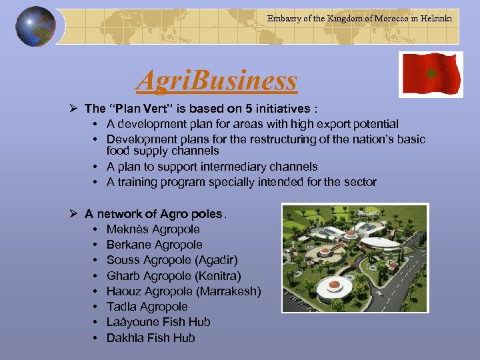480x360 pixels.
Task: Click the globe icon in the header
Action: [x=35, y=27]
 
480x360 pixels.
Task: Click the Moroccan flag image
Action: [x=431, y=75]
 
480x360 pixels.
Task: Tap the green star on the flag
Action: [x=431, y=73]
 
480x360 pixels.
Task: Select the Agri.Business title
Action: [x=217, y=81]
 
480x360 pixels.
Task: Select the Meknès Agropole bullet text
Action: [x=153, y=229]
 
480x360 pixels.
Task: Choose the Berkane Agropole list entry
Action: [x=154, y=245]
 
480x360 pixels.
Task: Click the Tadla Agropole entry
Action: [x=147, y=307]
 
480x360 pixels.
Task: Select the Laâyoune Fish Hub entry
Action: [x=158, y=322]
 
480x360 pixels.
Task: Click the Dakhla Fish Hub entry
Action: [x=151, y=338]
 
